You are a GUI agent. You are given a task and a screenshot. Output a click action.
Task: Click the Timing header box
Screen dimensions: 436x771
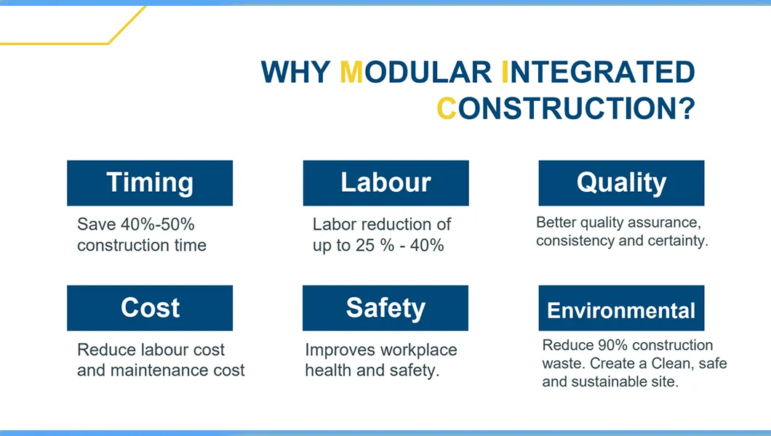[x=150, y=183]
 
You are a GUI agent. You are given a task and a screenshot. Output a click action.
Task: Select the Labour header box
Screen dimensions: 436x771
[x=385, y=183]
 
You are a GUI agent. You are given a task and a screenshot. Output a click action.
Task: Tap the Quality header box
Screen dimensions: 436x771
[x=621, y=183]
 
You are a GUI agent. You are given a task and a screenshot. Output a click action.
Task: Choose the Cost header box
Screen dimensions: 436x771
[x=150, y=308]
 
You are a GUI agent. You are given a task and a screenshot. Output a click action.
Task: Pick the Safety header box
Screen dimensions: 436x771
[x=385, y=308]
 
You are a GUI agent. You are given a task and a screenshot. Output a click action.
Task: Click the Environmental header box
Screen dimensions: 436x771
[x=621, y=310]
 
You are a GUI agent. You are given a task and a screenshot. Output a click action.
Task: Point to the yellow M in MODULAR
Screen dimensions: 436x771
[x=351, y=72]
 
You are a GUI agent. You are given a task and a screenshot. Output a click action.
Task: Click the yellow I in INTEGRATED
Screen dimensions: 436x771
[x=506, y=72]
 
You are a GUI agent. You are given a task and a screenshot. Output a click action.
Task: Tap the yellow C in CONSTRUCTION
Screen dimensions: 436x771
[x=447, y=108]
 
